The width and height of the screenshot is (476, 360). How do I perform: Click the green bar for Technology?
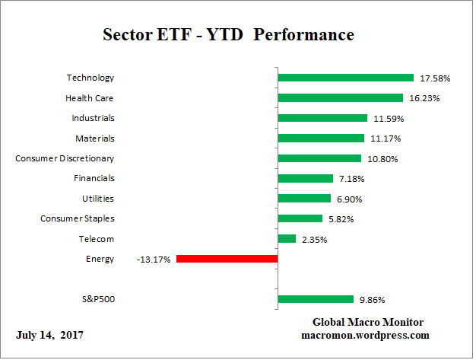346,78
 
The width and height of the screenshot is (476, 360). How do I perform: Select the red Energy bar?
227,259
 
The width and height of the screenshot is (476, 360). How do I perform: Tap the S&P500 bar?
316,299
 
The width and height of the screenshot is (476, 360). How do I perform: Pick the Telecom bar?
287,239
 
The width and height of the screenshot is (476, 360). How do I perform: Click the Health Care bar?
340,97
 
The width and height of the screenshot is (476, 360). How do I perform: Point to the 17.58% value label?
431,78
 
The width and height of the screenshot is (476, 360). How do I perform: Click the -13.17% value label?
154,259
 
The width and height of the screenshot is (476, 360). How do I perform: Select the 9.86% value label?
371,299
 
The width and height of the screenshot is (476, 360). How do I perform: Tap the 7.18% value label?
351,178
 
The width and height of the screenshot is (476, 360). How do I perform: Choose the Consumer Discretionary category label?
65,158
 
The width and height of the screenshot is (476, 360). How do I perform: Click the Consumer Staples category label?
77,218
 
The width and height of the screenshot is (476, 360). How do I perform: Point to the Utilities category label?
98,199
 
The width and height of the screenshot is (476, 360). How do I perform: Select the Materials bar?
321,138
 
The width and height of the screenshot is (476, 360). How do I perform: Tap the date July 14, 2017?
49,335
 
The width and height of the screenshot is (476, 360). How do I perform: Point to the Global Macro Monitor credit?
368,322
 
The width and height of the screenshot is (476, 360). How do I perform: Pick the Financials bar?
306,178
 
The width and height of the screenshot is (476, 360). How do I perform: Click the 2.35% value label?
314,239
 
